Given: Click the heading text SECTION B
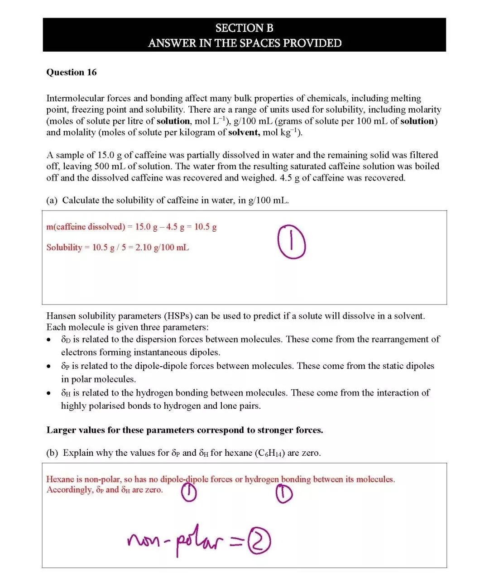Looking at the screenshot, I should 244,28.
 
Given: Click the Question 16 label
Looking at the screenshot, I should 71,72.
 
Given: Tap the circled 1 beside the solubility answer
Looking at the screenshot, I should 292,242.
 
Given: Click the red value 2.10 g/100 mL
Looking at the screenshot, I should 162,248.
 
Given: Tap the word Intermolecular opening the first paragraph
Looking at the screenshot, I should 75,98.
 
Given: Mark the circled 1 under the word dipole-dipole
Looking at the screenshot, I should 189,493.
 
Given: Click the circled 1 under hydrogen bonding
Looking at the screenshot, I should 284,494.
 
